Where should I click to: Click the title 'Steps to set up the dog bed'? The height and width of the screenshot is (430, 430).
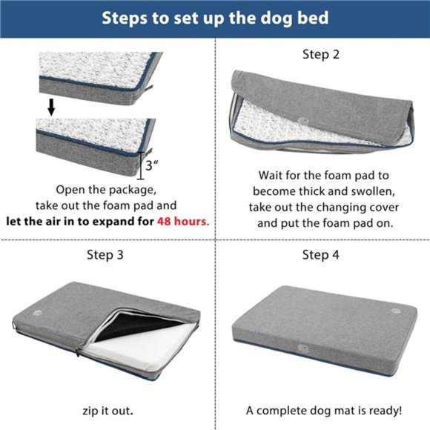215,17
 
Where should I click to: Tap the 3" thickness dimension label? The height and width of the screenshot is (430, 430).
152,166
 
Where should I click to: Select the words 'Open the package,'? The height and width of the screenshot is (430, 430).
108,189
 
